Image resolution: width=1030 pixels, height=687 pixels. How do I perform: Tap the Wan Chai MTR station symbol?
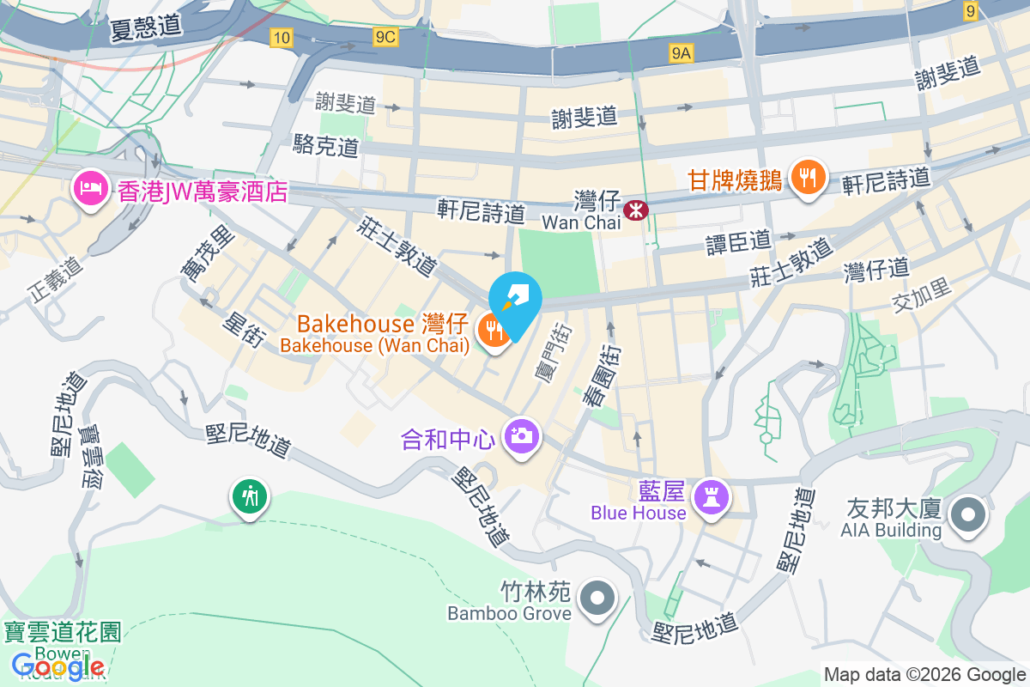pyautogui.click(x=635, y=210)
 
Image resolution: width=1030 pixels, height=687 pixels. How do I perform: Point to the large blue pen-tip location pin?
pyautogui.click(x=515, y=301)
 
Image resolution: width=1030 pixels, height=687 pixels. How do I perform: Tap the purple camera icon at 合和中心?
pyautogui.click(x=520, y=436)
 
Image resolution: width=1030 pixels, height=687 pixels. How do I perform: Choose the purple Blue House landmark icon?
pyautogui.click(x=712, y=495)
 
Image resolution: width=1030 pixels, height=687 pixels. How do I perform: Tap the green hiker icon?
pyautogui.click(x=249, y=495)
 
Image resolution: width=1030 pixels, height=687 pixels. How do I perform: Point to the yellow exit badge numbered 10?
pyautogui.click(x=280, y=37)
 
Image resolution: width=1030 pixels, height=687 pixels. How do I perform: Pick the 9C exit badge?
pyautogui.click(x=385, y=37)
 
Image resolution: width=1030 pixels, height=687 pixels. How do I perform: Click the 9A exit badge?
pyautogui.click(x=681, y=54)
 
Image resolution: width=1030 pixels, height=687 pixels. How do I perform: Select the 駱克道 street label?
pyautogui.click(x=325, y=146)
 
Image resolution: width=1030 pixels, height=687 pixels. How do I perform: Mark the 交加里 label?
pyautogui.click(x=922, y=294)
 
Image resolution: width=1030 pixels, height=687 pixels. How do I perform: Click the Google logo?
pyautogui.click(x=58, y=666)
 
